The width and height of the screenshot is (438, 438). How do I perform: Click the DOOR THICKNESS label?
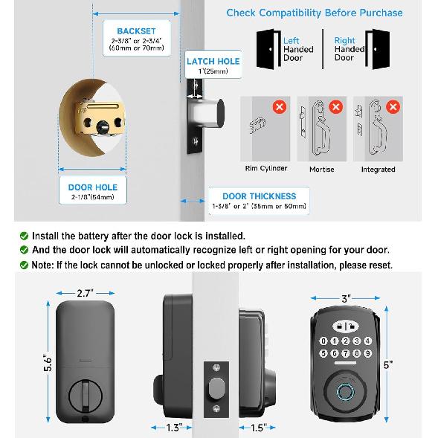click(254, 196)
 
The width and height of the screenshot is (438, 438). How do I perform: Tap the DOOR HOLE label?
click(92, 187)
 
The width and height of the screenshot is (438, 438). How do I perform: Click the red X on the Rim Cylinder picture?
click(280, 106)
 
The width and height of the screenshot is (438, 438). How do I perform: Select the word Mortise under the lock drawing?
click(321, 170)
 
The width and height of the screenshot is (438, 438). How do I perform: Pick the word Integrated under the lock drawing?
click(378, 170)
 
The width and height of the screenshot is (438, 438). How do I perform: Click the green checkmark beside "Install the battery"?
click(25, 236)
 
